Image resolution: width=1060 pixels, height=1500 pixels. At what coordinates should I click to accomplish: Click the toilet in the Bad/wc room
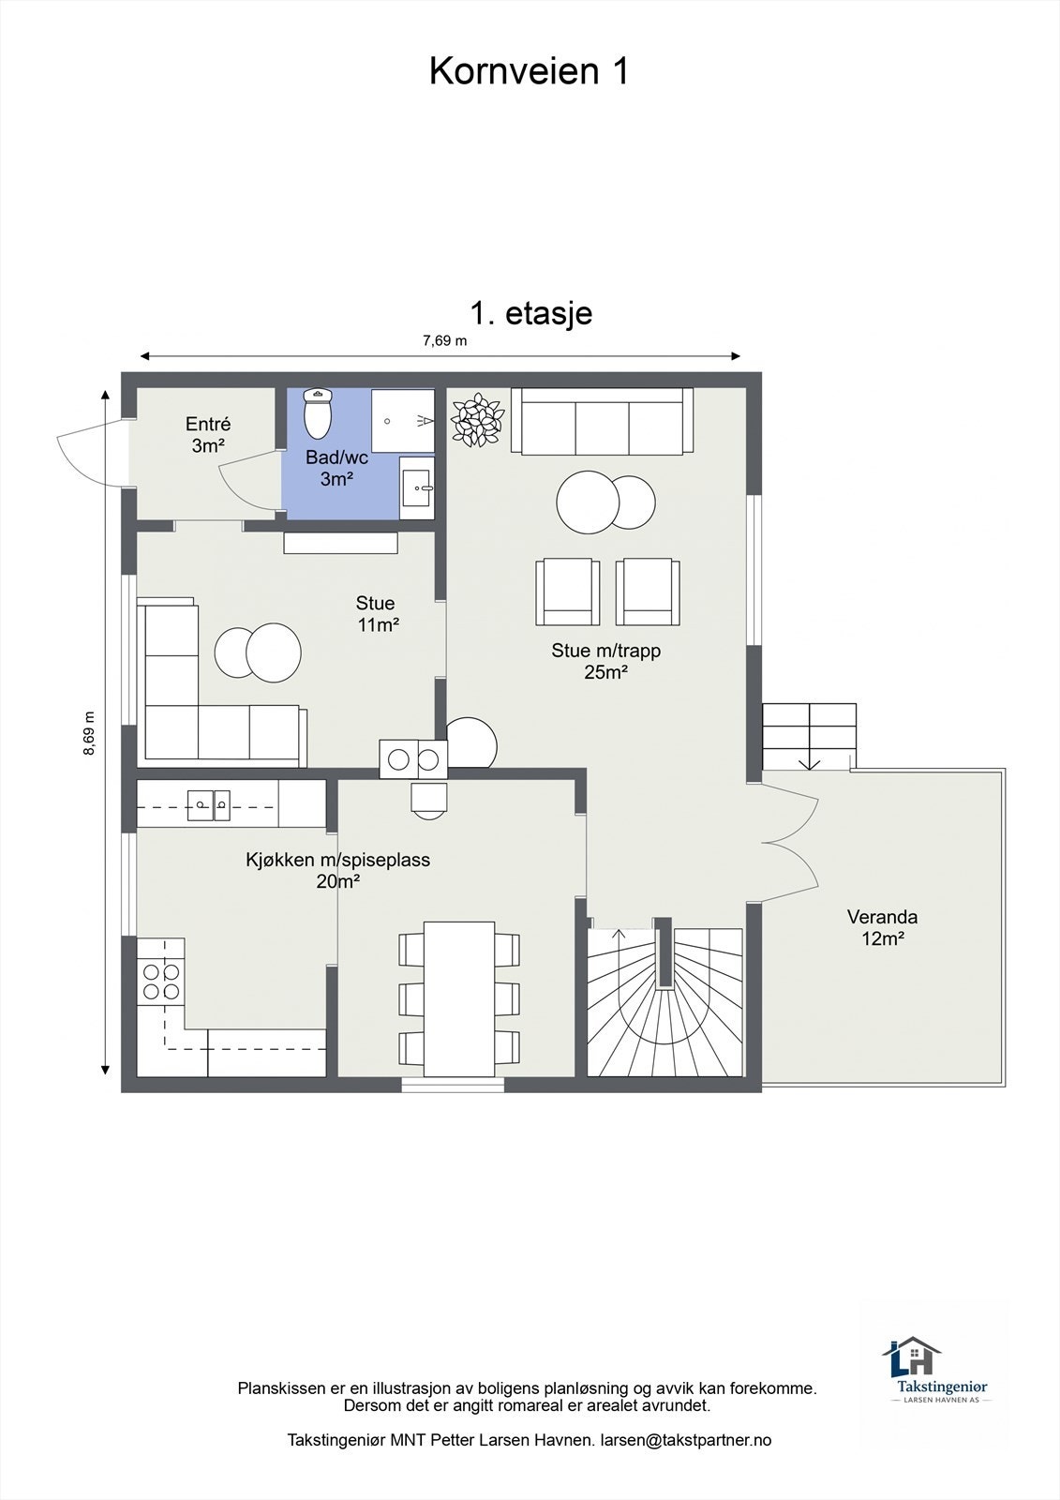pyautogui.click(x=318, y=412)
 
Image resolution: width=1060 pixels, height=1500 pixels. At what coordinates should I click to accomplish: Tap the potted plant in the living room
pyautogui.click(x=477, y=420)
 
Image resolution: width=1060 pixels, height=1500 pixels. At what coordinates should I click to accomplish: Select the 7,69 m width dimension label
pyautogui.click(x=444, y=340)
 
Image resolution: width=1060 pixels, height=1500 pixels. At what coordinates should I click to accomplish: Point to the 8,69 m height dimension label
pyautogui.click(x=89, y=732)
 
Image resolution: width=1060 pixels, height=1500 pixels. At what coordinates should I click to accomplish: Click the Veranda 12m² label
pyautogui.click(x=882, y=927)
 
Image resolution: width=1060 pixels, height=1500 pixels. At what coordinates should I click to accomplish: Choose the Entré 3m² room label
pyautogui.click(x=207, y=434)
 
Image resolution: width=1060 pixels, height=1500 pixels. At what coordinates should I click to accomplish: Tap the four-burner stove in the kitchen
pyautogui.click(x=161, y=982)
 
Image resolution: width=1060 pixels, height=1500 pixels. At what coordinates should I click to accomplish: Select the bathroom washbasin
pyautogui.click(x=416, y=487)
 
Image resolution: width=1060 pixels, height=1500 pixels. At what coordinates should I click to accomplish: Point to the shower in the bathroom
pyautogui.click(x=403, y=420)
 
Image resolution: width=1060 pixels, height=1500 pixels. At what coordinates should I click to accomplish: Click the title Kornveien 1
pyautogui.click(x=529, y=71)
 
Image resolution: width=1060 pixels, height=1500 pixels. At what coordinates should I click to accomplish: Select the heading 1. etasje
pyautogui.click(x=531, y=313)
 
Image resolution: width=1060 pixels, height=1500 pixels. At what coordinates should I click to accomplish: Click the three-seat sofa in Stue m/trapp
pyautogui.click(x=602, y=421)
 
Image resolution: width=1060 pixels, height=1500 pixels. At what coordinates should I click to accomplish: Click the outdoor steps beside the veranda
pyautogui.click(x=809, y=736)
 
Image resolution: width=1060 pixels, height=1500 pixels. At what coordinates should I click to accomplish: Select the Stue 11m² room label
pyautogui.click(x=377, y=614)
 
